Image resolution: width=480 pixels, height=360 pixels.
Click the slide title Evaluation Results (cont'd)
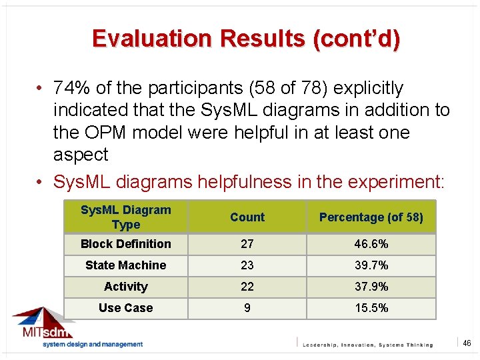point(246,39)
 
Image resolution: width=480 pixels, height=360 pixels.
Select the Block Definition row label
point(125,244)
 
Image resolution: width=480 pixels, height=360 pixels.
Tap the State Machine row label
point(125,265)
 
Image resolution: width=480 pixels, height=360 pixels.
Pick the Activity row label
point(125,287)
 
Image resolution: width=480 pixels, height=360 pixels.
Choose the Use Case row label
point(125,308)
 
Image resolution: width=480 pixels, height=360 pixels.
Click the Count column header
point(247,217)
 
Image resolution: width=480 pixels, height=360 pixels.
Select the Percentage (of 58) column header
point(371,217)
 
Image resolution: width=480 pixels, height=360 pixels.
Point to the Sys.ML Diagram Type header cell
point(125,217)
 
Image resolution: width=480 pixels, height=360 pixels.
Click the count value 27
point(247,244)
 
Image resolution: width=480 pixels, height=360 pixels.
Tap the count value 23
point(247,265)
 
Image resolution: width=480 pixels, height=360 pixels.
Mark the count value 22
point(247,287)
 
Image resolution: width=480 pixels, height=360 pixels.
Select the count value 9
point(247,308)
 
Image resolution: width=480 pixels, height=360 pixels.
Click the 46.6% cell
point(371,244)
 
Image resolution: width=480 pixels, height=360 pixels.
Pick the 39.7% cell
point(371,265)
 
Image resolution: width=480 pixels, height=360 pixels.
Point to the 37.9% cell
point(371,287)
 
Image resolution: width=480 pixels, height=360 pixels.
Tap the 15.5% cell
point(371,308)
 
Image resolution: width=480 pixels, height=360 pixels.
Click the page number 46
point(467,343)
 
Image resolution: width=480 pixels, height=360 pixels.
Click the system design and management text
point(93,344)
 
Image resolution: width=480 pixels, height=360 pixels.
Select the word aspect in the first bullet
point(81,155)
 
